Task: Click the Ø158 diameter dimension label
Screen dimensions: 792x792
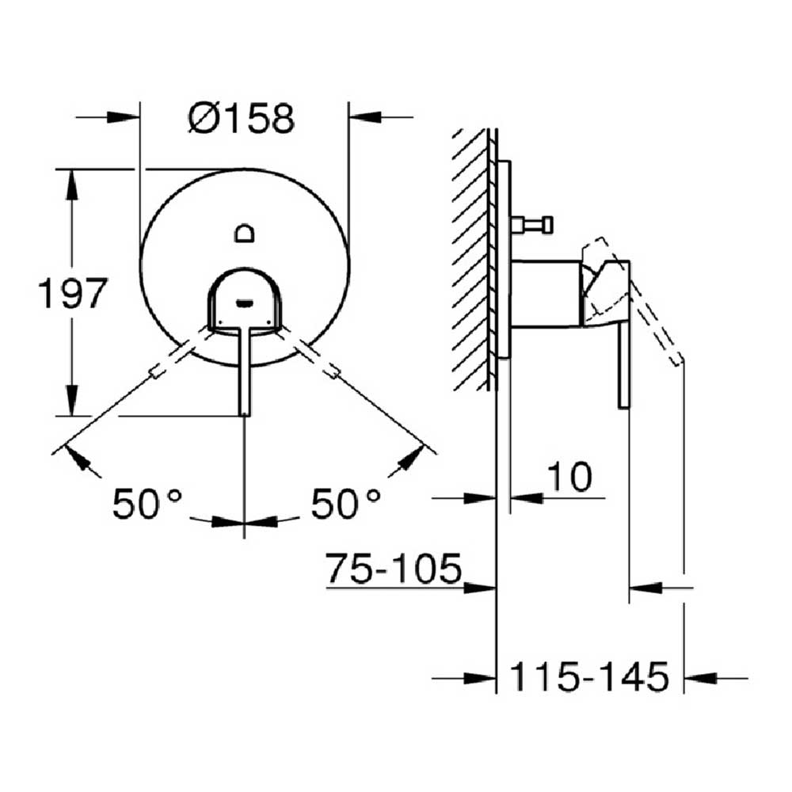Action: (242, 118)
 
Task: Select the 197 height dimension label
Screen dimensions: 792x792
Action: (73, 293)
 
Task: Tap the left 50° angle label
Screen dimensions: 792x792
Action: (147, 503)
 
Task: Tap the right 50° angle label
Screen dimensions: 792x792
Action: (345, 503)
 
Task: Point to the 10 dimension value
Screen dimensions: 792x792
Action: (569, 476)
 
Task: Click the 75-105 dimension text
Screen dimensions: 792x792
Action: (394, 568)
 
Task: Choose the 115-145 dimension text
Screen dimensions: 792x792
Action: (590, 677)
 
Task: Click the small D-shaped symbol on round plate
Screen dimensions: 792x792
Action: (245, 233)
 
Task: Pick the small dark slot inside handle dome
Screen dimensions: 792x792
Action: (245, 303)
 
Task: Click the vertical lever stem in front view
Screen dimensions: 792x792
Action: (245, 371)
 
